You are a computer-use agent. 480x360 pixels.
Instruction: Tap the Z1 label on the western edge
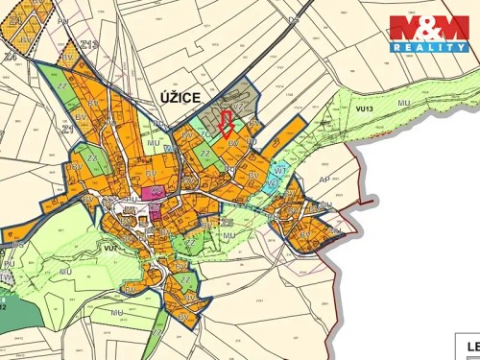pyautogui.click(x=68, y=128)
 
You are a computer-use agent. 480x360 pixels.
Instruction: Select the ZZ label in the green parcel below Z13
pyautogui.click(x=61, y=86)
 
